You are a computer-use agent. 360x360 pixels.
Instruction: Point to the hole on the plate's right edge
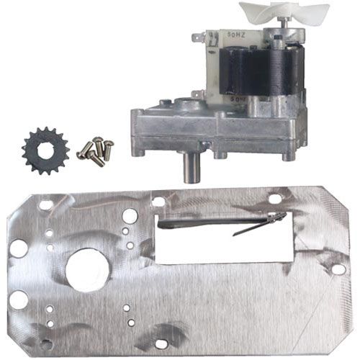337,269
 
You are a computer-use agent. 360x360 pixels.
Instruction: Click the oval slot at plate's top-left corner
45,205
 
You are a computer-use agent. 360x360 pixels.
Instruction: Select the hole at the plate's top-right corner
275,198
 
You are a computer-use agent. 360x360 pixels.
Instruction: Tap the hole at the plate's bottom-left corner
45,343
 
